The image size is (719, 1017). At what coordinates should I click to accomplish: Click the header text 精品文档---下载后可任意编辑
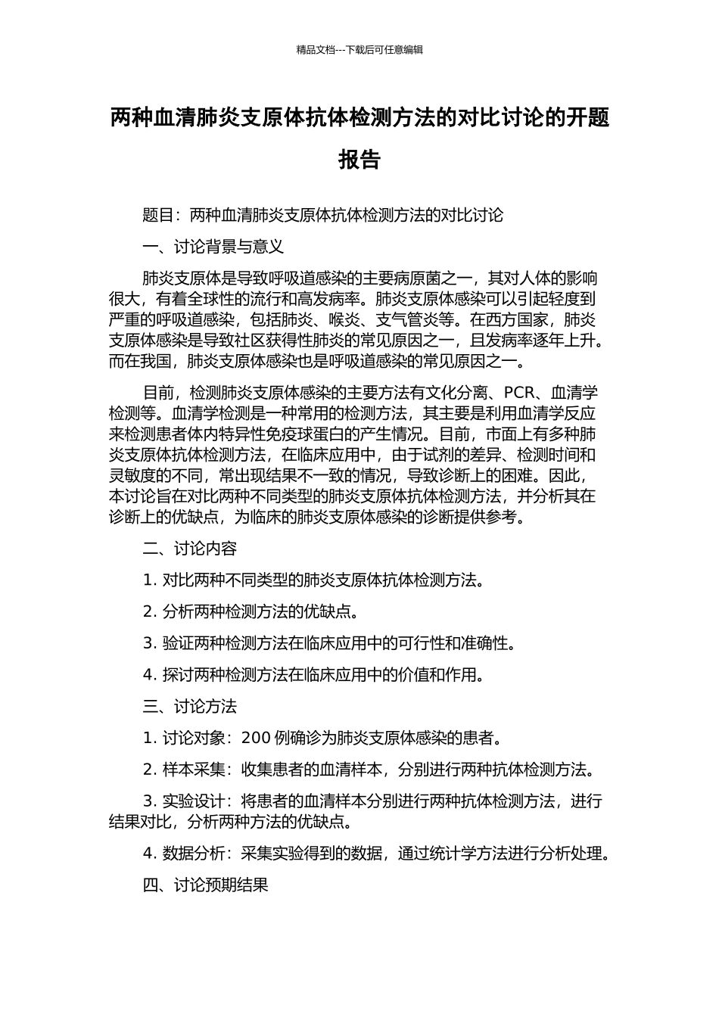tap(359, 50)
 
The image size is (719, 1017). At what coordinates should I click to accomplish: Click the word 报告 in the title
tap(359, 160)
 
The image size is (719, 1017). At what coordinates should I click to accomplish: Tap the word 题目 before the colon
tap(158, 216)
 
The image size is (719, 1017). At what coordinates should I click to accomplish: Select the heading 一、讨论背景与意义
tap(213, 247)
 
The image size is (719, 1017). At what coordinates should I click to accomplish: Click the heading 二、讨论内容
tap(190, 549)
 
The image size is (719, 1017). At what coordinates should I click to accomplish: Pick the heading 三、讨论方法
tap(190, 706)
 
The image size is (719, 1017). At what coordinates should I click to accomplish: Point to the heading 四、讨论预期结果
tap(206, 885)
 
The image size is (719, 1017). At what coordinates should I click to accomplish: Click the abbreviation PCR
tap(519, 393)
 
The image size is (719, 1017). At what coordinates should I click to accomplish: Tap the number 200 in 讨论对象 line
tap(257, 738)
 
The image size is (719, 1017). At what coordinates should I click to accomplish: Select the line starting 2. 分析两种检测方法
tap(251, 611)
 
